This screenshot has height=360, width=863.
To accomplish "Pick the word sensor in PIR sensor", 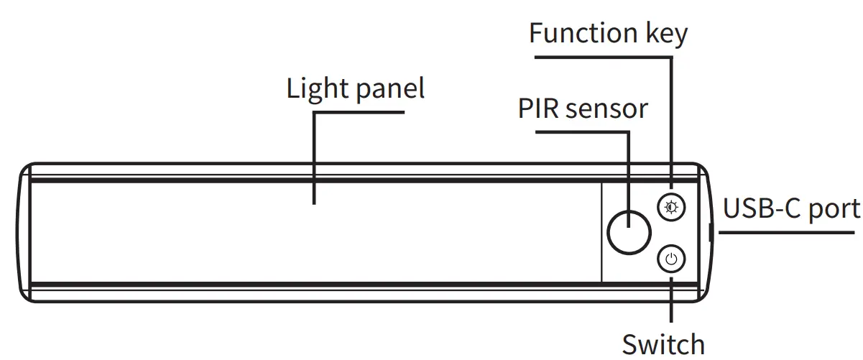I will pyautogui.click(x=606, y=109).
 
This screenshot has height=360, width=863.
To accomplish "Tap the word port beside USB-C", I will pyautogui.click(x=834, y=210).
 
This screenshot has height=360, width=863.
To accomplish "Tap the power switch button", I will pyautogui.click(x=671, y=259).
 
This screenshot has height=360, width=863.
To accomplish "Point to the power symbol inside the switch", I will pyautogui.click(x=671, y=259).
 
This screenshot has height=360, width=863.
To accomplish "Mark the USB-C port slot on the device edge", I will pyautogui.click(x=709, y=232).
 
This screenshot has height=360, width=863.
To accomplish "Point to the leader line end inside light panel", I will pyautogui.click(x=314, y=201).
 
